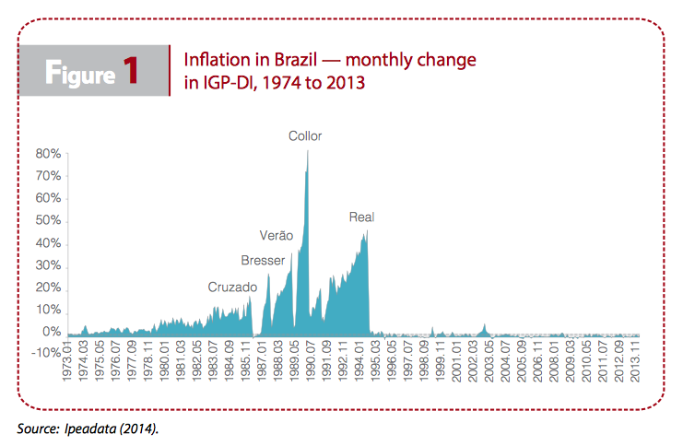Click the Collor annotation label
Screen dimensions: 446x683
tap(305, 136)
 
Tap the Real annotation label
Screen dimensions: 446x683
tap(361, 217)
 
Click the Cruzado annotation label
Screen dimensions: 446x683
tap(231, 288)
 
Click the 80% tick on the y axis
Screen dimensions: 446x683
tap(49, 154)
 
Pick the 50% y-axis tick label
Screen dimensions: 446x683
tap(49, 221)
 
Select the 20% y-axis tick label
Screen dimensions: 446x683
tap(49, 288)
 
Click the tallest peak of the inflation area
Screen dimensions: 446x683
tap(307, 151)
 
